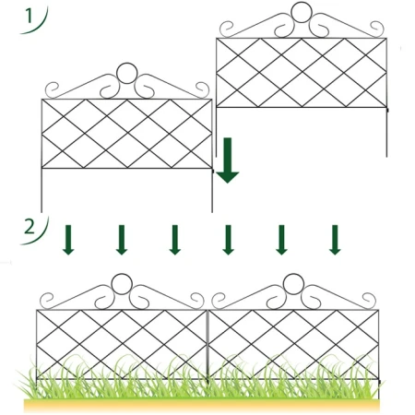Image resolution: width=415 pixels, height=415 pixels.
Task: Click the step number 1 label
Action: click(x=29, y=17)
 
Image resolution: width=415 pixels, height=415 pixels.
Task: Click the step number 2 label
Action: click(x=30, y=228)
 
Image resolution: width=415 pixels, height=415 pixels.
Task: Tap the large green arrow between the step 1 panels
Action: click(x=228, y=160)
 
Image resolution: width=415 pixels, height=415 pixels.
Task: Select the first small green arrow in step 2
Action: click(x=68, y=240)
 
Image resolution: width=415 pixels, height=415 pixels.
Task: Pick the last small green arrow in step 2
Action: click(x=335, y=240)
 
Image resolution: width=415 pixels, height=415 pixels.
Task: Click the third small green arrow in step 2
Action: click(x=175, y=240)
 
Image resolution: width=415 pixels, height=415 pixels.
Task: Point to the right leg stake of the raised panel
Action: click(x=386, y=132)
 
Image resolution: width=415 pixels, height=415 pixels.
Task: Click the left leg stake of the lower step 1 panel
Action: click(x=41, y=190)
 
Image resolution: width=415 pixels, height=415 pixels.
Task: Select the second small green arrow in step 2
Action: click(x=122, y=240)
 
